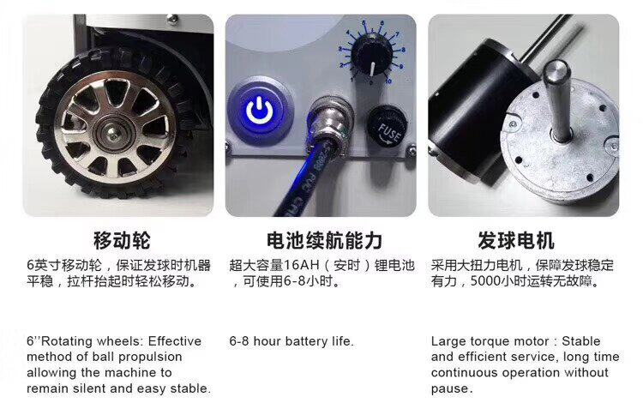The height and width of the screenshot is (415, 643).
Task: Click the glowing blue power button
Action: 260,111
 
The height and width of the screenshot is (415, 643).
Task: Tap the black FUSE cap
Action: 388,128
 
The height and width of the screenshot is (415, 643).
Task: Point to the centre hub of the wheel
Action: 111,131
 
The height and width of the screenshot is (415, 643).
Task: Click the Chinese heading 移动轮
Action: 123,241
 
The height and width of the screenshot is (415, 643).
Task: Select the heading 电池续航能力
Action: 324,241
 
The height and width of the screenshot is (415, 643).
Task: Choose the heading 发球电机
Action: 516,241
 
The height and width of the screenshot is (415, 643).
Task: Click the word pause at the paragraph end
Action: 450,388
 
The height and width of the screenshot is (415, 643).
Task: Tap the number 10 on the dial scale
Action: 387,81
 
